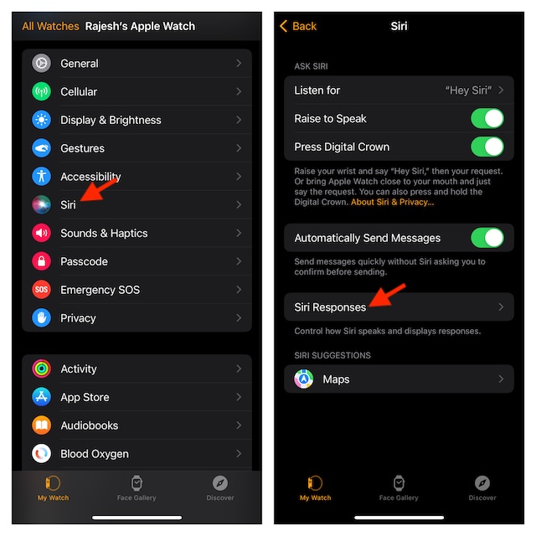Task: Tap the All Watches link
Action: tap(50, 26)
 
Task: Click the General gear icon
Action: tap(42, 64)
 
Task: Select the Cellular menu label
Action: tap(79, 92)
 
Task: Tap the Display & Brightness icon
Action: tap(42, 120)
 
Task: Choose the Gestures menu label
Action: tap(82, 148)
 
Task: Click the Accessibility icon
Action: tap(42, 177)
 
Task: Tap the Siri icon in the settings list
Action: tap(42, 205)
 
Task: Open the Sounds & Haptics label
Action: tap(104, 234)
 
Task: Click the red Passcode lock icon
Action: tap(42, 261)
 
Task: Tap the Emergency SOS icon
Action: tap(42, 290)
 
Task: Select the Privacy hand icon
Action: tap(42, 318)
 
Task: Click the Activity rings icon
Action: tap(42, 369)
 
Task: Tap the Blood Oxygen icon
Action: tap(42, 454)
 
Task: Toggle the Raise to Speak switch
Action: tap(487, 118)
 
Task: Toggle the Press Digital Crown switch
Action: tap(487, 147)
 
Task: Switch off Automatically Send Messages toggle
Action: tap(487, 238)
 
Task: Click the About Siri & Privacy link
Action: tap(393, 203)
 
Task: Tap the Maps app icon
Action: tap(304, 379)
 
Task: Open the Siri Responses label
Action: tap(330, 307)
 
